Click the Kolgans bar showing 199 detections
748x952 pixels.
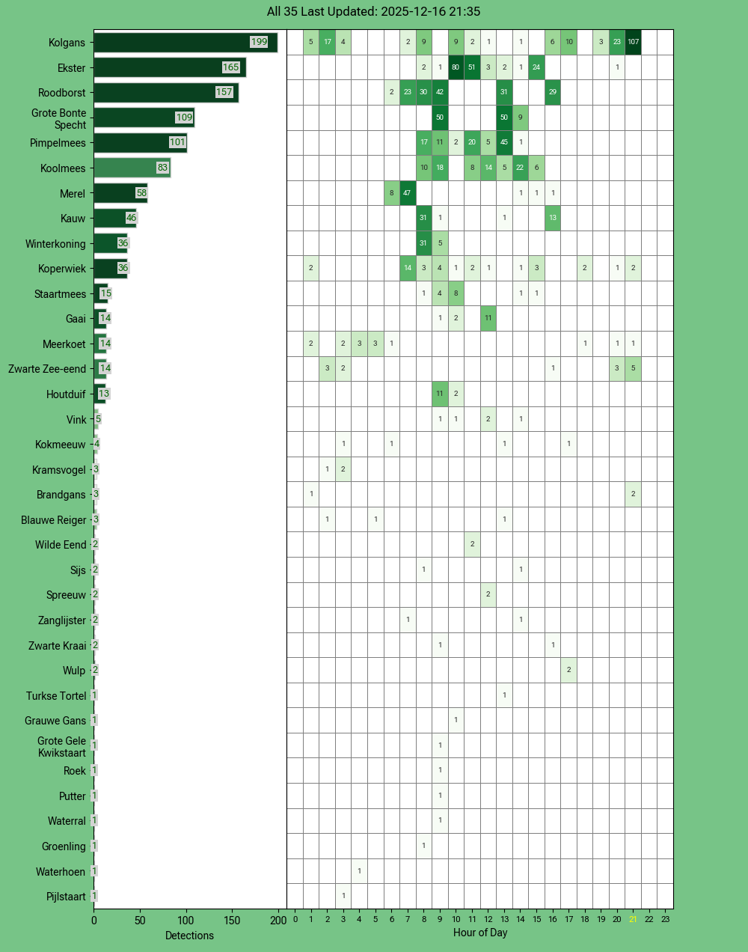pyautogui.click(x=185, y=43)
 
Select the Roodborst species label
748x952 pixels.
pyautogui.click(x=62, y=93)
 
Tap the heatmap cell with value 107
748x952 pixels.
pyautogui.click(x=633, y=42)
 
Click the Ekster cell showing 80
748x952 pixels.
pyautogui.click(x=456, y=67)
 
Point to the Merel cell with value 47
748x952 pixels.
pyautogui.click(x=408, y=193)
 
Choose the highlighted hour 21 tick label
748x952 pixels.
pyautogui.click(x=633, y=919)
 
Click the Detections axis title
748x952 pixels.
pyautogui.click(x=189, y=936)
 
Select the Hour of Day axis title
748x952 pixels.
pyautogui.click(x=480, y=933)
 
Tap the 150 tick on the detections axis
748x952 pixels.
pyautogui.click(x=232, y=921)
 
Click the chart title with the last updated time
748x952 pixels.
pyautogui.click(x=374, y=12)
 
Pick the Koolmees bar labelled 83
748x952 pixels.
pyautogui.click(x=132, y=168)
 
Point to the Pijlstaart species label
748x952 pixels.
pyautogui.click(x=66, y=897)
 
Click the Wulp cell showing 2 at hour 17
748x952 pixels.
pyautogui.click(x=569, y=670)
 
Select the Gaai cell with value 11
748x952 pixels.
pyautogui.click(x=488, y=318)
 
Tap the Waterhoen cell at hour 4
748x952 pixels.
pyautogui.click(x=359, y=871)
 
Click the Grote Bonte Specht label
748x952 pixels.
pyautogui.click(x=59, y=119)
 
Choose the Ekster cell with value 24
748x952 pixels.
pyautogui.click(x=536, y=67)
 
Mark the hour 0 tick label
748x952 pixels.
pyautogui.click(x=295, y=919)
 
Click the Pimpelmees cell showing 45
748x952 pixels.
pyautogui.click(x=504, y=143)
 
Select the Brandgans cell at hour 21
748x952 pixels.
pyautogui.click(x=633, y=494)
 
